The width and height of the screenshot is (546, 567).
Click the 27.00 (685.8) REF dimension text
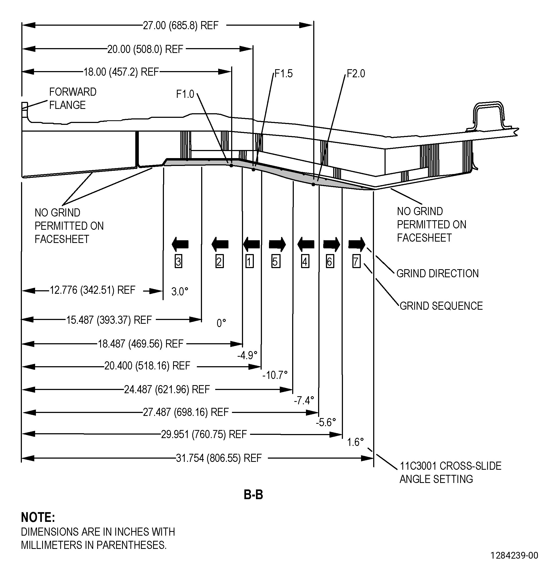click(181, 25)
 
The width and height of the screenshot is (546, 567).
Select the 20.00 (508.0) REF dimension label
click(145, 49)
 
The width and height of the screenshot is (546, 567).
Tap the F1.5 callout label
click(284, 74)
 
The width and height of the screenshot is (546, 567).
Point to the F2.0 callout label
click(356, 74)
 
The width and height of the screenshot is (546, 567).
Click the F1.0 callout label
click(185, 94)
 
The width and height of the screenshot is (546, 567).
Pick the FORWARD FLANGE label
click(73, 98)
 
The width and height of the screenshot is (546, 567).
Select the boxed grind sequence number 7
click(356, 262)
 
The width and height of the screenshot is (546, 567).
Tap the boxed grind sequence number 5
click(276, 262)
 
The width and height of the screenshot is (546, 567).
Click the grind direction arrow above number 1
click(251, 244)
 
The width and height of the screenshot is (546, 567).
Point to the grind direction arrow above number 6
click(332, 244)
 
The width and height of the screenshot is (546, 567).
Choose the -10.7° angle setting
click(275, 375)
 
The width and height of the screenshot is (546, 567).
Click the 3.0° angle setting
click(180, 291)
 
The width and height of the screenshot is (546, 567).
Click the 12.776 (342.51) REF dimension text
click(93, 290)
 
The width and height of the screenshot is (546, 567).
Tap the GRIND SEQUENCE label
click(441, 306)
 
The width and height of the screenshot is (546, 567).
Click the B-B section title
click(254, 495)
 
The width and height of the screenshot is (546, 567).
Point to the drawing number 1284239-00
click(514, 555)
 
